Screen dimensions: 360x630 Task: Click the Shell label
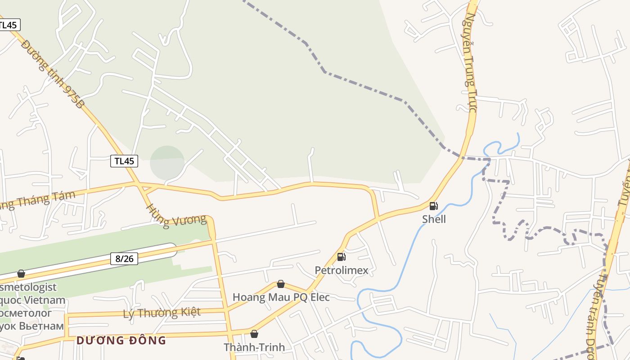pyautogui.click(x=434, y=219)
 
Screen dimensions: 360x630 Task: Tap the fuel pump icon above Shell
pyautogui.click(x=433, y=207)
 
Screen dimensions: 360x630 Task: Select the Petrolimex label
pyautogui.click(x=341, y=270)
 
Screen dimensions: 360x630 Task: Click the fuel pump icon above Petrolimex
pyautogui.click(x=342, y=257)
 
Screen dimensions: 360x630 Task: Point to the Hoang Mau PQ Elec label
pyautogui.click(x=281, y=297)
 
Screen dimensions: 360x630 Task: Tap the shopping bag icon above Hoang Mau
pyautogui.click(x=281, y=284)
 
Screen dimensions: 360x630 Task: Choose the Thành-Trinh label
pyautogui.click(x=254, y=347)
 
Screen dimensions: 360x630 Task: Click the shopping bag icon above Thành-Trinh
pyautogui.click(x=254, y=334)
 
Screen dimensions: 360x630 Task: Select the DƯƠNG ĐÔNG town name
pyautogui.click(x=121, y=340)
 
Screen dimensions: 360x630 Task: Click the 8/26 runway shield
pyautogui.click(x=124, y=259)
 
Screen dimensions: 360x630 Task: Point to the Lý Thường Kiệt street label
pyautogui.click(x=162, y=312)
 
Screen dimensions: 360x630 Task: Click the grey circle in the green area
pyautogui.click(x=167, y=162)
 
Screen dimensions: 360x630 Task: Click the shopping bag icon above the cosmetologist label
pyautogui.click(x=21, y=274)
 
